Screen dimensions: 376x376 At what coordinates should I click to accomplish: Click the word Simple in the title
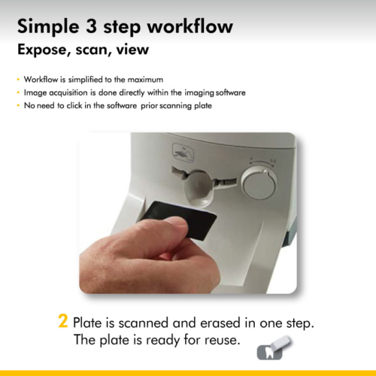[x=48, y=27]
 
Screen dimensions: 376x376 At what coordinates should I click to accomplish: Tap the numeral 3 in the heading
[x=91, y=26]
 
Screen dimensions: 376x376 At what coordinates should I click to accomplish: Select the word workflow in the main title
[x=190, y=26]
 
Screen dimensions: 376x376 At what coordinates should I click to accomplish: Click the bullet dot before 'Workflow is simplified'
[x=18, y=80]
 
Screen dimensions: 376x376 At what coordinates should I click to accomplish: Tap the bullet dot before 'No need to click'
[x=18, y=105]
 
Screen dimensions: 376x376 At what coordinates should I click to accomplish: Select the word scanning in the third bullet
[x=175, y=106]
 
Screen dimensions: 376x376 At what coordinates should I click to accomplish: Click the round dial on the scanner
[x=259, y=183]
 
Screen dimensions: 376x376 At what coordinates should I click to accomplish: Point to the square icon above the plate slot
[x=183, y=153]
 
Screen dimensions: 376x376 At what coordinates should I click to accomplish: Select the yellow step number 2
[x=63, y=321]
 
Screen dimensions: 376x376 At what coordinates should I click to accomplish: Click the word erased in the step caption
[x=220, y=323]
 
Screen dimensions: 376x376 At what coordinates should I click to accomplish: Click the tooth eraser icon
[x=274, y=348]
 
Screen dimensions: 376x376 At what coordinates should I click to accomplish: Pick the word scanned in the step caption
[x=143, y=323]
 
